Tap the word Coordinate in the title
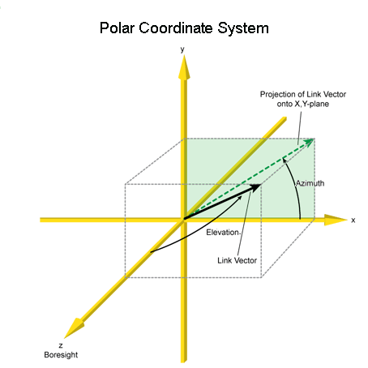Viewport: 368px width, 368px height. point(176,28)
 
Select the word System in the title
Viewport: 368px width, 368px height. point(243,28)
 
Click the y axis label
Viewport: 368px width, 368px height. point(182,49)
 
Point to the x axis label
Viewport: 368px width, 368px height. point(353,220)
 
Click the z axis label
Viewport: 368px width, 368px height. point(61,345)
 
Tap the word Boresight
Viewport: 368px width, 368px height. point(61,355)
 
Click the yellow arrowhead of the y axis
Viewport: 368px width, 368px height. point(184,67)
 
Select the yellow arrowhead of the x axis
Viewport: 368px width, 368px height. point(336,220)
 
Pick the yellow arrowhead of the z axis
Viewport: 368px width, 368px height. point(74,328)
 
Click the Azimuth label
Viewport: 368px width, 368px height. point(310,183)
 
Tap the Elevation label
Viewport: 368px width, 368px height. point(223,233)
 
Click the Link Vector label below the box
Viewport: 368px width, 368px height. point(237,260)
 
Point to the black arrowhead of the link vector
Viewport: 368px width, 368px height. point(255,187)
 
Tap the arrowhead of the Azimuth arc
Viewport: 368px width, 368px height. point(284,160)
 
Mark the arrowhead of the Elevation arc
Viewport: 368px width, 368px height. point(240,197)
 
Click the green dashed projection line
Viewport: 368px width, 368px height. point(249,179)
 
